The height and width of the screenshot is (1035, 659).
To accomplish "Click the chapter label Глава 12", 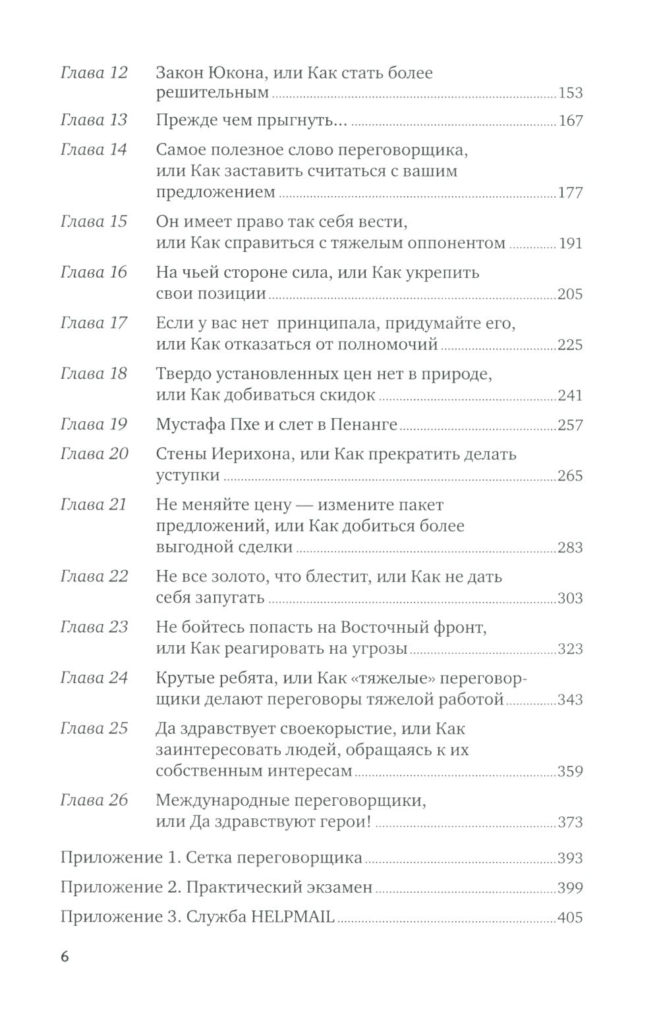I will (94, 72).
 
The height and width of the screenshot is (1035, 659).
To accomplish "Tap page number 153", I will (570, 93).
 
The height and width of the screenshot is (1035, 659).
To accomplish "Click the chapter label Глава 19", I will (94, 425).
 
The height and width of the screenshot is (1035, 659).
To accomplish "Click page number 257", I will (570, 425).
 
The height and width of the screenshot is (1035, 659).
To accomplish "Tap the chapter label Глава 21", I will (94, 505).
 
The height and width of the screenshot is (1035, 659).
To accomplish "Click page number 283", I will (570, 547).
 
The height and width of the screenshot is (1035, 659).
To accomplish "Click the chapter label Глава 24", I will (94, 678).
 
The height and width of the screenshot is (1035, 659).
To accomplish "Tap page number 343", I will (570, 699).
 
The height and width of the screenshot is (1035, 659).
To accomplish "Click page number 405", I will (570, 917).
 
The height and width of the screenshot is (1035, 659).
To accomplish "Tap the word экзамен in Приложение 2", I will (339, 888).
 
